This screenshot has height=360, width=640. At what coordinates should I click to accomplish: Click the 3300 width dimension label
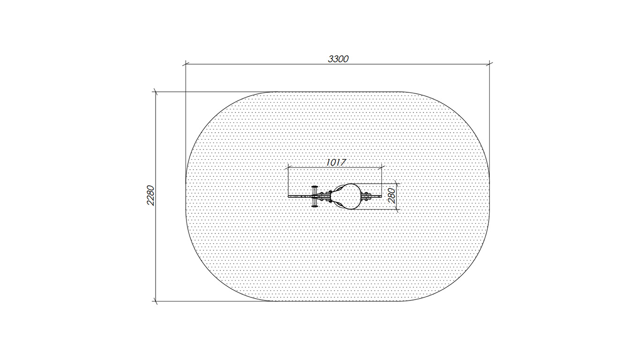[338, 59]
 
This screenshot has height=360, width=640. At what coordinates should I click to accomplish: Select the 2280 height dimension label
[150, 195]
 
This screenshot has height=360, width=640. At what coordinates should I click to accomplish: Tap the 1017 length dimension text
[336, 162]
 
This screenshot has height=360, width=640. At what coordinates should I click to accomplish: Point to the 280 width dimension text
[392, 195]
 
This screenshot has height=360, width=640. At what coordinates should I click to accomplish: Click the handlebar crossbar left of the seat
[314, 196]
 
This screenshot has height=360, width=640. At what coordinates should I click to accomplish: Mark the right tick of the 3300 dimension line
[490, 64]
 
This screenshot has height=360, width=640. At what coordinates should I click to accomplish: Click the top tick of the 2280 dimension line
[156, 92]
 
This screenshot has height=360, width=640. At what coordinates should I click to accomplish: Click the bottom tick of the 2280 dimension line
[156, 301]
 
